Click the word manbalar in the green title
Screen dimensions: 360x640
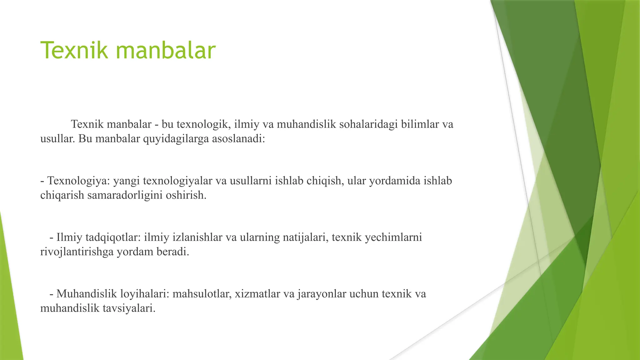point(166,50)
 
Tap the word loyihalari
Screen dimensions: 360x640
point(145,294)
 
